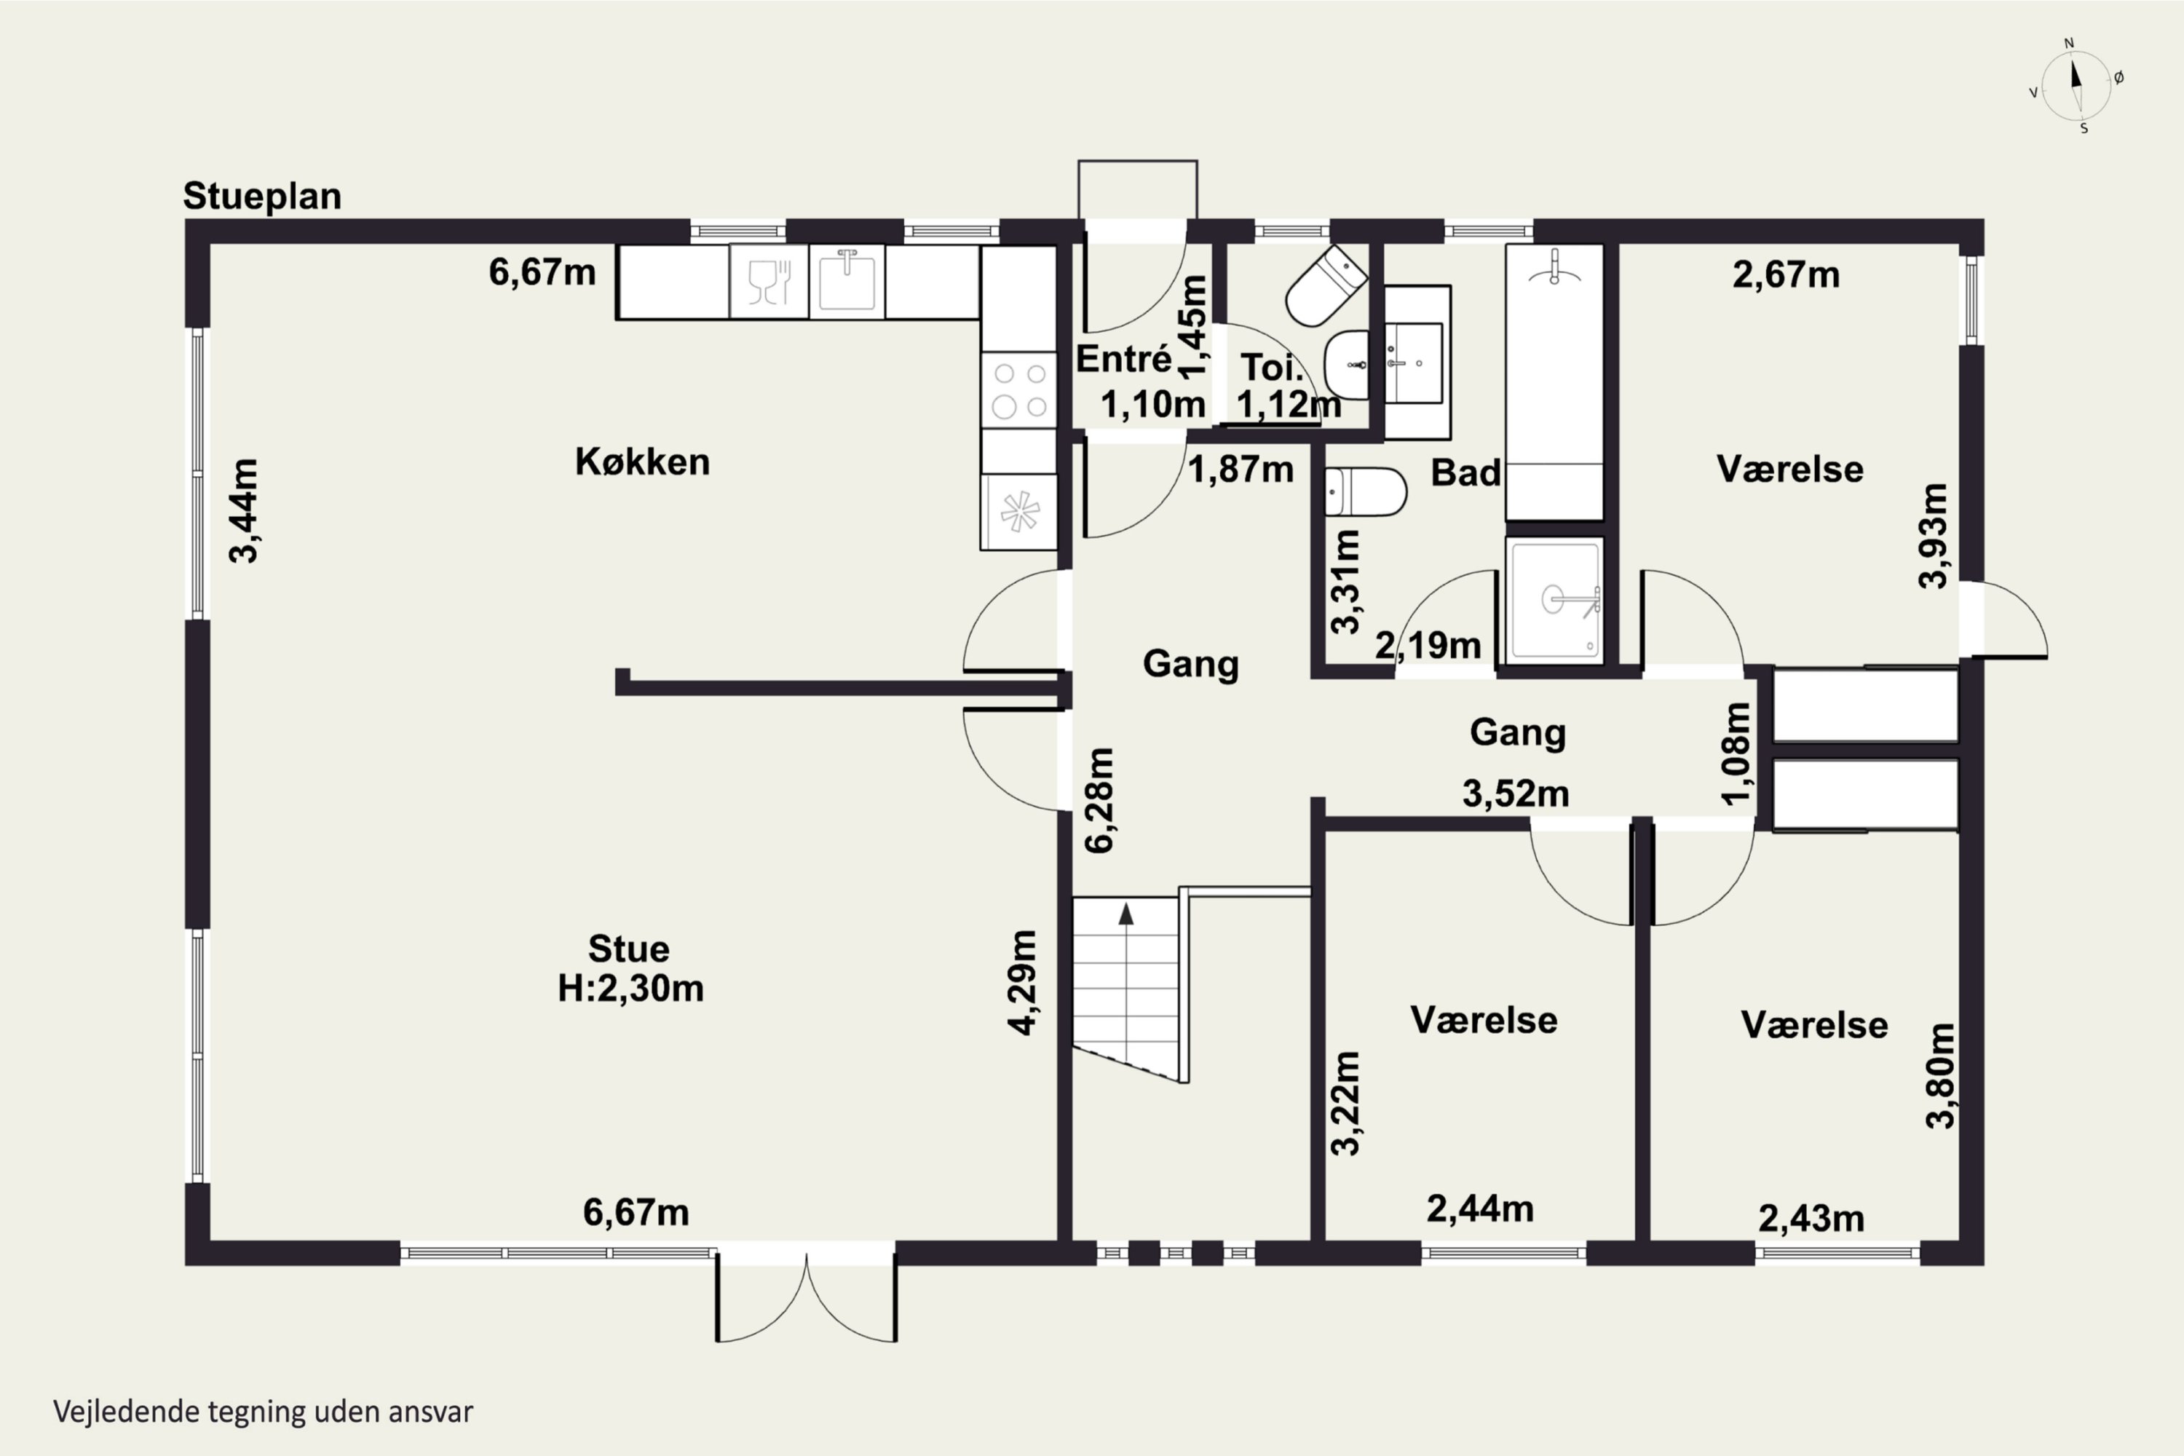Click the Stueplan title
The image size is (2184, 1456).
(262, 197)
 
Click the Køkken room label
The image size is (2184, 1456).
(643, 462)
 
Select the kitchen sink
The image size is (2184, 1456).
(847, 281)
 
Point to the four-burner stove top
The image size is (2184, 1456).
(1018, 390)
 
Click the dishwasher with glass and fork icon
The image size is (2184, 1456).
(769, 281)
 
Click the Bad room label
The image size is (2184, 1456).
(1465, 472)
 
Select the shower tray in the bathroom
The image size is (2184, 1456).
(1554, 600)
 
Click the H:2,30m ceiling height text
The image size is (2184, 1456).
(630, 988)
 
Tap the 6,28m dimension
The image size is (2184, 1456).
(1099, 799)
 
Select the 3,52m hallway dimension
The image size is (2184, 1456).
(1516, 794)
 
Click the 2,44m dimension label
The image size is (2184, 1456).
(1480, 1209)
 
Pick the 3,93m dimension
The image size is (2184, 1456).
(1934, 536)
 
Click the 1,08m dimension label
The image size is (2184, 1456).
(1736, 753)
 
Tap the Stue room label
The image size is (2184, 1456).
(629, 949)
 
